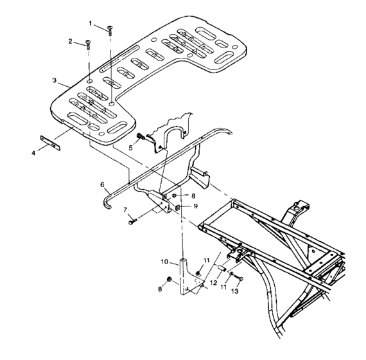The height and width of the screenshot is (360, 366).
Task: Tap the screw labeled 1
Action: (110, 29)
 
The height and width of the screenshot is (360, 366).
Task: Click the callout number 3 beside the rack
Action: (55, 82)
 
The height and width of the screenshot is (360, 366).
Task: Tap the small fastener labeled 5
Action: (139, 136)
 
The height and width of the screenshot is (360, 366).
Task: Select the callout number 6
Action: (102, 184)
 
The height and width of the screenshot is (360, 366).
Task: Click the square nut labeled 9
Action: (178, 207)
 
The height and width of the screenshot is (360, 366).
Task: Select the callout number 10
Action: (164, 262)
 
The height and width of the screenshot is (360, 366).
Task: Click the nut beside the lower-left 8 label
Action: (169, 279)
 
